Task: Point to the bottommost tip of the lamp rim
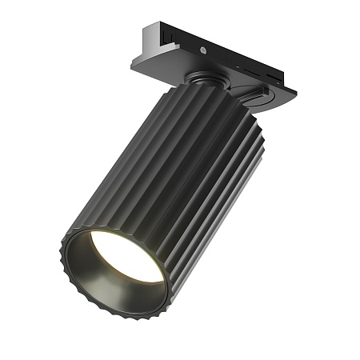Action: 120,316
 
